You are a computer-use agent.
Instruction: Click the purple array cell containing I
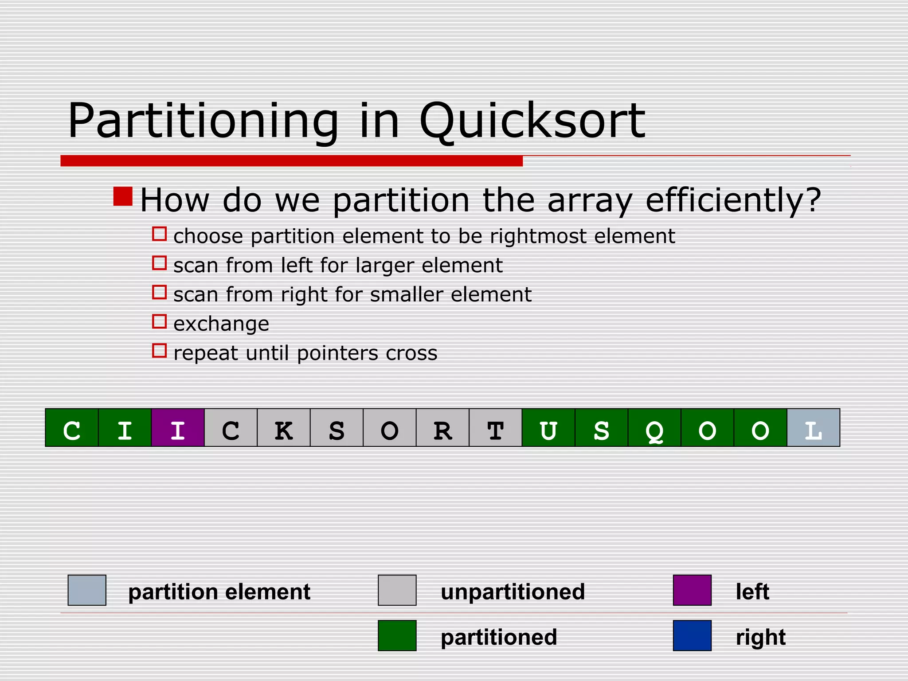click(x=178, y=427)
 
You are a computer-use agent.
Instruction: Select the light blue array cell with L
click(x=813, y=427)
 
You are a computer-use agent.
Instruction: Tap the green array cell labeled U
click(x=548, y=427)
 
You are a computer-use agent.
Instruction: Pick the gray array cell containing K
click(x=284, y=427)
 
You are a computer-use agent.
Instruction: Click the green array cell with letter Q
click(x=654, y=427)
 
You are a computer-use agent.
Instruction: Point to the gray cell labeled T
click(x=496, y=427)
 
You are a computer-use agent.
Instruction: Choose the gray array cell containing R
click(x=442, y=427)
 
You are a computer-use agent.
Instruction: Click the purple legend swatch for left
click(x=692, y=590)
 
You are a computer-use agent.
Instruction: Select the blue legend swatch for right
click(x=692, y=635)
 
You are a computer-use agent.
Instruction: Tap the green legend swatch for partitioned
click(x=397, y=635)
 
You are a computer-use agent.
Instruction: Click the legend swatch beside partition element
click(x=87, y=590)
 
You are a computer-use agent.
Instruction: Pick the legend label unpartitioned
click(x=513, y=592)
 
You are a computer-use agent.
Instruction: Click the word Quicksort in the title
click(x=532, y=121)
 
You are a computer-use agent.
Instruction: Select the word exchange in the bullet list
click(x=221, y=324)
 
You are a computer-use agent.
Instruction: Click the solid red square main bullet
click(x=123, y=196)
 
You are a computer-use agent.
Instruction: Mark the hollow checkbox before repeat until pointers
click(x=159, y=351)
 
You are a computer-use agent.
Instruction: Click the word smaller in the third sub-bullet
click(x=407, y=295)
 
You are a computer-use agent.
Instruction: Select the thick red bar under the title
click(x=291, y=161)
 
